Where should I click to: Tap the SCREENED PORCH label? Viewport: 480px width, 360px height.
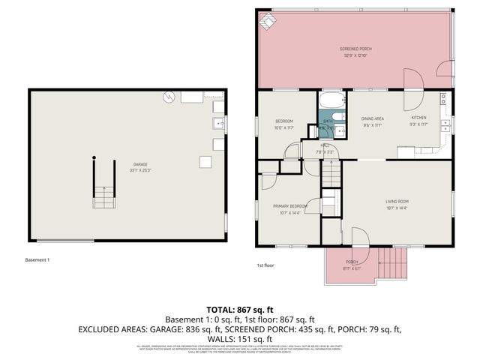[x=355, y=49]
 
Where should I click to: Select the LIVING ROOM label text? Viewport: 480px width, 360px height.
[x=397, y=201]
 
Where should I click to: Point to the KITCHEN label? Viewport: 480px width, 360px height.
[x=418, y=118]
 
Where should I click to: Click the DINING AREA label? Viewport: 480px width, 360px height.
[x=373, y=118]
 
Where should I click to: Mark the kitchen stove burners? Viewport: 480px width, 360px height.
[x=443, y=98]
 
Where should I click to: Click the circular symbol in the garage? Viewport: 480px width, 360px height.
[x=169, y=96]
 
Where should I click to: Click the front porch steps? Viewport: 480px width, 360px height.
[x=393, y=263]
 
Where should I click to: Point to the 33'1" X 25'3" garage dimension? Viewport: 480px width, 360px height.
[x=139, y=170]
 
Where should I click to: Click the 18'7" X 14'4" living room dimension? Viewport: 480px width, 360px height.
[x=397, y=208]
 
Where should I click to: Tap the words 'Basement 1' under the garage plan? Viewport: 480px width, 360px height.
[x=37, y=259]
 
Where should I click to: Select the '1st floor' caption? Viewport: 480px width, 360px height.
[x=265, y=265]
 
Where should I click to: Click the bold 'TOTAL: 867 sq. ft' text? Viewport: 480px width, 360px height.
[x=240, y=309]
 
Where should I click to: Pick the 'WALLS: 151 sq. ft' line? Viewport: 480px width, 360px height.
[x=240, y=338]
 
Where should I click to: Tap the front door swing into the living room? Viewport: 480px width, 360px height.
[x=358, y=238]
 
